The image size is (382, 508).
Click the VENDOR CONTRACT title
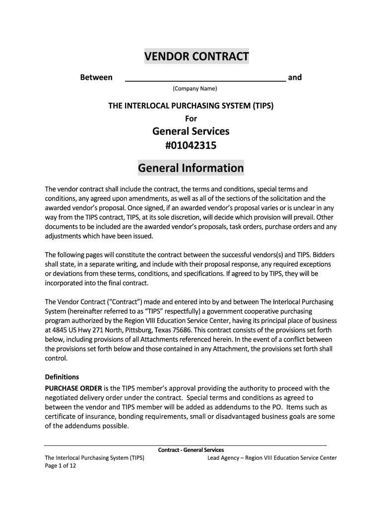(x=196, y=57)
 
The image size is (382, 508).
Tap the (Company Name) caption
(x=195, y=89)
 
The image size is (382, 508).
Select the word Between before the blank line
(x=96, y=77)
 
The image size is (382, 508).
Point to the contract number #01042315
(x=191, y=146)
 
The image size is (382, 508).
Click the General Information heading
(x=191, y=168)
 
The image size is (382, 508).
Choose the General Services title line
(x=191, y=131)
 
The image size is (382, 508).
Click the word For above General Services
(x=191, y=118)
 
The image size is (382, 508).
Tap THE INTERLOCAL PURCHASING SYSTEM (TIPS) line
(x=191, y=106)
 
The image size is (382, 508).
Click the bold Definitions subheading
(x=62, y=377)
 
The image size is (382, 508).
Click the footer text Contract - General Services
(x=191, y=450)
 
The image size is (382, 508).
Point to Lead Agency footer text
(x=272, y=458)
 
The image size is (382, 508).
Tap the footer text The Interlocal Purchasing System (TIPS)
(x=94, y=458)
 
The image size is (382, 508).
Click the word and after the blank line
(x=295, y=77)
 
